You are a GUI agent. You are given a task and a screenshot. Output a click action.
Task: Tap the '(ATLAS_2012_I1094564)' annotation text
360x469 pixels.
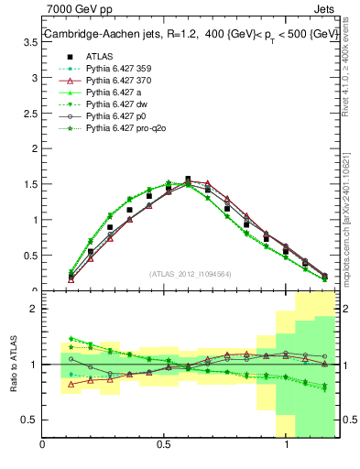click(x=190, y=274)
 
